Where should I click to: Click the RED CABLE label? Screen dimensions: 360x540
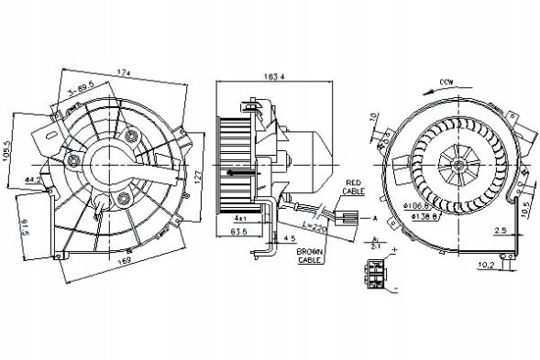pyautogui.click(x=355, y=188)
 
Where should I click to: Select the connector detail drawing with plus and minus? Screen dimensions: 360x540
pyautogui.click(x=375, y=270)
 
